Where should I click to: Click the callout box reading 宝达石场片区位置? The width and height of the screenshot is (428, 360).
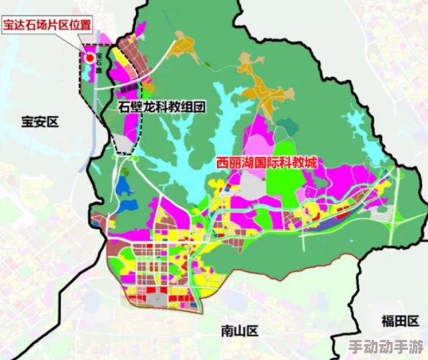[x=47, y=25]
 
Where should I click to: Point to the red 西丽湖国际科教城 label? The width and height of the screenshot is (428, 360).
[x=267, y=163]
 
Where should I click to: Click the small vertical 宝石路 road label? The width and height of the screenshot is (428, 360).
[x=101, y=63]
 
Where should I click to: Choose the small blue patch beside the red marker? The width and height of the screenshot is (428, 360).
[x=92, y=72]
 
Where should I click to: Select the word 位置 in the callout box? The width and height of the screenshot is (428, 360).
[x=81, y=25]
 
